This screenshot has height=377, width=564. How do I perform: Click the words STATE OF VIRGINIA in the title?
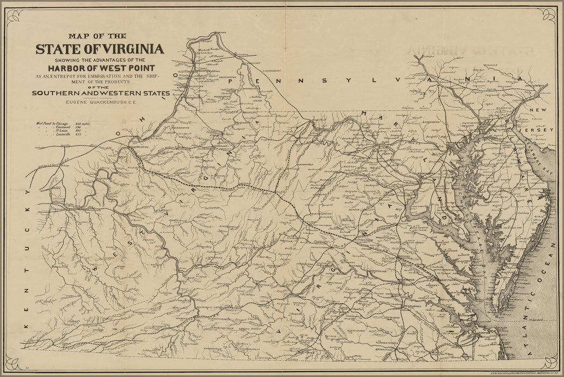(x=100, y=49)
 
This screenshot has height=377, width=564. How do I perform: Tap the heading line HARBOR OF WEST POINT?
(x=101, y=68)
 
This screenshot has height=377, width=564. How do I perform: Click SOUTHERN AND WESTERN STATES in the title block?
(x=101, y=93)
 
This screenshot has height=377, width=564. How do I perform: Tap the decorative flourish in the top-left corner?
(x=13, y=16)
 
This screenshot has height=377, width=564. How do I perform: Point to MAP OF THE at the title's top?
(x=101, y=36)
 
